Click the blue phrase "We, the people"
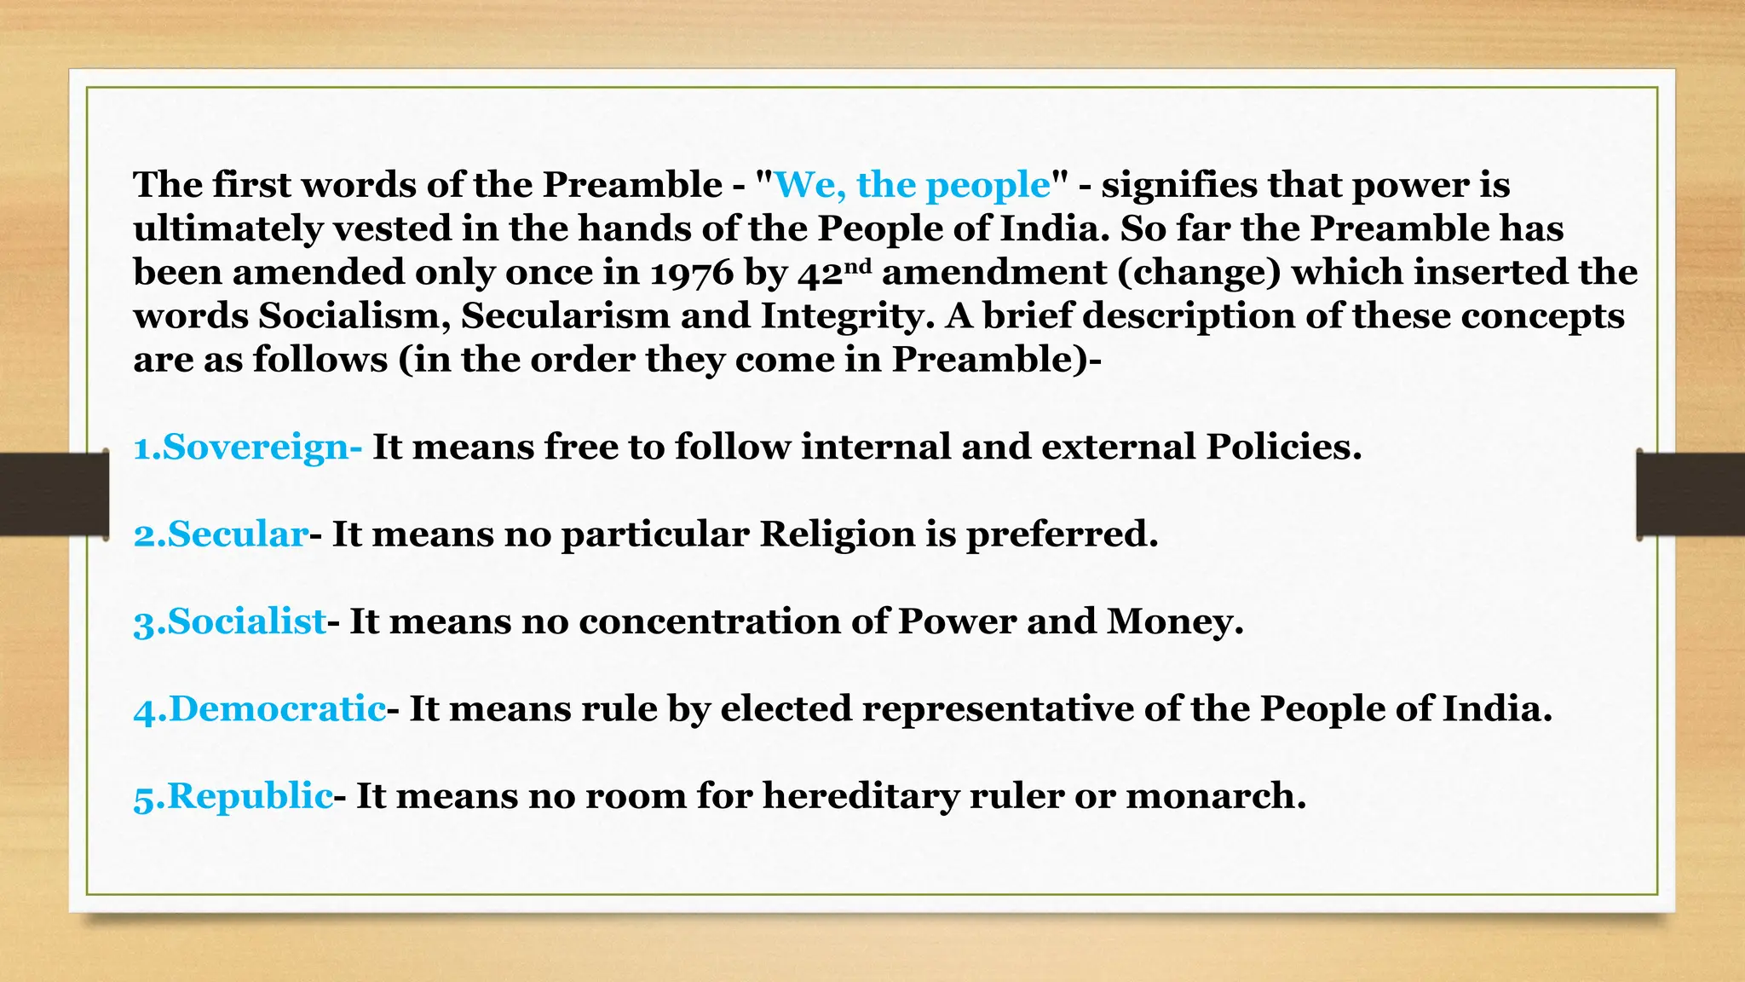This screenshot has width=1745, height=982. pos(913,185)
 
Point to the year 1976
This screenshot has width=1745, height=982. pos(691,273)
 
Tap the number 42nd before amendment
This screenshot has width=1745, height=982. pos(835,273)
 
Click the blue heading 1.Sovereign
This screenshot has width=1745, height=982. pos(247,447)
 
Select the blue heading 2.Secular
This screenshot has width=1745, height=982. pos(221,534)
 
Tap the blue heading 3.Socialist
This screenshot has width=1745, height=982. pos(230,621)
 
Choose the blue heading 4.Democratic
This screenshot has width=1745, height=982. pos(260,709)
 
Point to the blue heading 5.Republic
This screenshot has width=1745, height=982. pos(233,796)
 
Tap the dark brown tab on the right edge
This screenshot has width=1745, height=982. pos(1690,494)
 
